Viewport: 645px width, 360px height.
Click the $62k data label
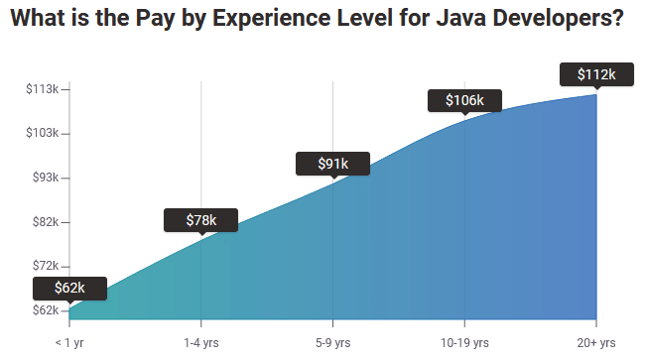click(69, 288)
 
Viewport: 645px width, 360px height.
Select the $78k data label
click(200, 220)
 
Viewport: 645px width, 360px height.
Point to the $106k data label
click(463, 100)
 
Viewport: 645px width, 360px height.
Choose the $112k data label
click(596, 74)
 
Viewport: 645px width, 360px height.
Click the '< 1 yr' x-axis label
click(69, 342)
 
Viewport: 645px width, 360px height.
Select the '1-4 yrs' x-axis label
click(200, 342)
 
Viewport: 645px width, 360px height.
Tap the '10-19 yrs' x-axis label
click(463, 342)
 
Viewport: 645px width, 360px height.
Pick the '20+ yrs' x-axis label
click(595, 342)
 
